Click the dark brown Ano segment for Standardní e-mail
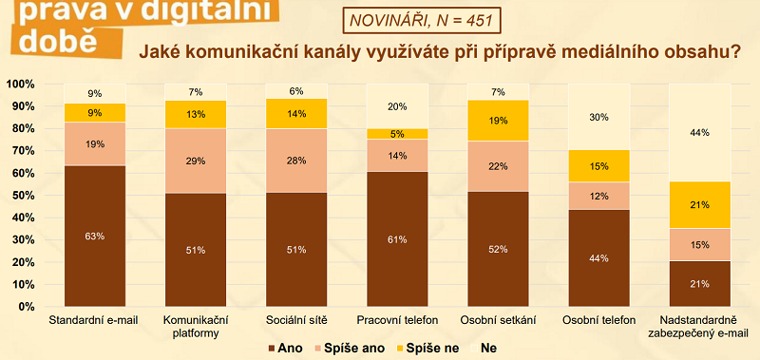point(94,236)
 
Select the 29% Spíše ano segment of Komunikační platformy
point(195,161)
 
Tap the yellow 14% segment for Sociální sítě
point(295,113)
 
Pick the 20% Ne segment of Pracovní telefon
point(396,106)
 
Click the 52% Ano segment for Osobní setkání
point(498,249)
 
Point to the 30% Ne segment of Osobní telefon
point(598,117)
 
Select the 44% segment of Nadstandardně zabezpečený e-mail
point(700,133)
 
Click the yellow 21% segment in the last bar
point(700,204)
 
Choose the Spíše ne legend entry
point(432,349)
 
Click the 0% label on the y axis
point(26,307)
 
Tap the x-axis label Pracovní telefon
point(396,320)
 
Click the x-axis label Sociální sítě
point(295,320)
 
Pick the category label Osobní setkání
point(498,320)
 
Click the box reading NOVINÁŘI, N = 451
point(411,20)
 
